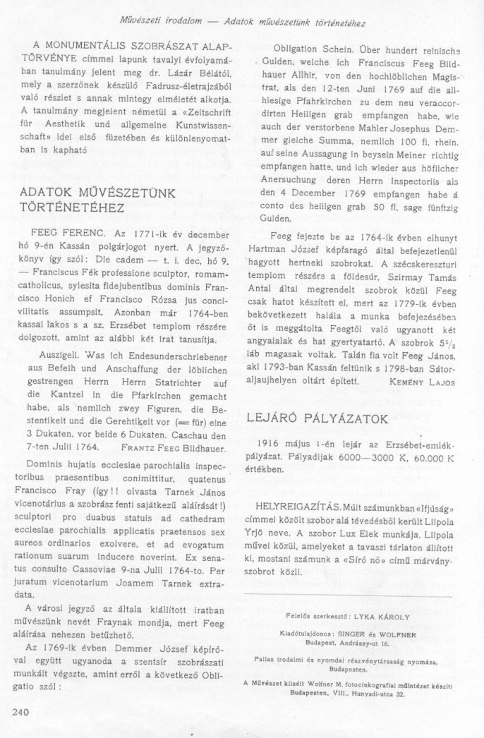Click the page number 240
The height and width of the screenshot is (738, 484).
coord(22,712)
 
